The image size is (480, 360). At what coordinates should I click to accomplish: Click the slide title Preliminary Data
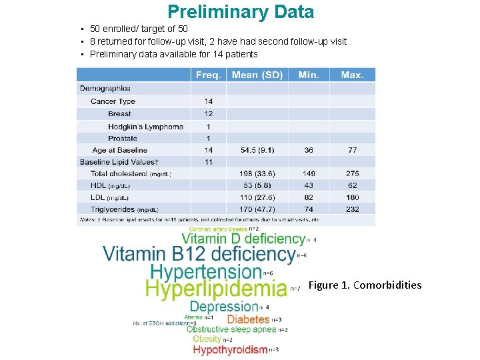pos(240,12)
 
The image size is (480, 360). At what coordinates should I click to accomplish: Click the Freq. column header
pos(208,75)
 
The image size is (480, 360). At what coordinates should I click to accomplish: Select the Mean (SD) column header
pos(257,75)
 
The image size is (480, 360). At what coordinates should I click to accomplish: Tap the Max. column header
pos(352,75)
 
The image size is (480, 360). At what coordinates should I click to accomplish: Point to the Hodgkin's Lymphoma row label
pos(145,127)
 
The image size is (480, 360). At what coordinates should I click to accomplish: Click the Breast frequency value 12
pos(209,114)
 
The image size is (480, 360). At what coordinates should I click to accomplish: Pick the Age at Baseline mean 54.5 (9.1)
pos(257,150)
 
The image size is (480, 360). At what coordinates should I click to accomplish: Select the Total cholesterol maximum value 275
pos(352,173)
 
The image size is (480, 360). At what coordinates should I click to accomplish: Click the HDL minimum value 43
pos(309,185)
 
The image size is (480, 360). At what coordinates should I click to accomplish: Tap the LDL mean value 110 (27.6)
pos(257,197)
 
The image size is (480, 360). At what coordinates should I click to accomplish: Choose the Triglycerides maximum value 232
pos(352,209)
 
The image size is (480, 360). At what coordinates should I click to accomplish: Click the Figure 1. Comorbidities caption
pos(365,285)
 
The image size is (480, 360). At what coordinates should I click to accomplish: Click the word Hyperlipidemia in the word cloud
pos(216,288)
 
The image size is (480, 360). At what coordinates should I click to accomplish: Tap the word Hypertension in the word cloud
pos(206,271)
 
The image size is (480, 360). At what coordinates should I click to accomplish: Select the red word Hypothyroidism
pos(230,349)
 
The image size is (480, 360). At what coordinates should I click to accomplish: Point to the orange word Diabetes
pos(248,319)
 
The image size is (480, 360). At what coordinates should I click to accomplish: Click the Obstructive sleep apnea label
pos(231,329)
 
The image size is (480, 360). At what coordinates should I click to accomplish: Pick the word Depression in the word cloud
pos(223,307)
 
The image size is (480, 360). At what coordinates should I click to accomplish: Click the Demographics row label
pos(105,88)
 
